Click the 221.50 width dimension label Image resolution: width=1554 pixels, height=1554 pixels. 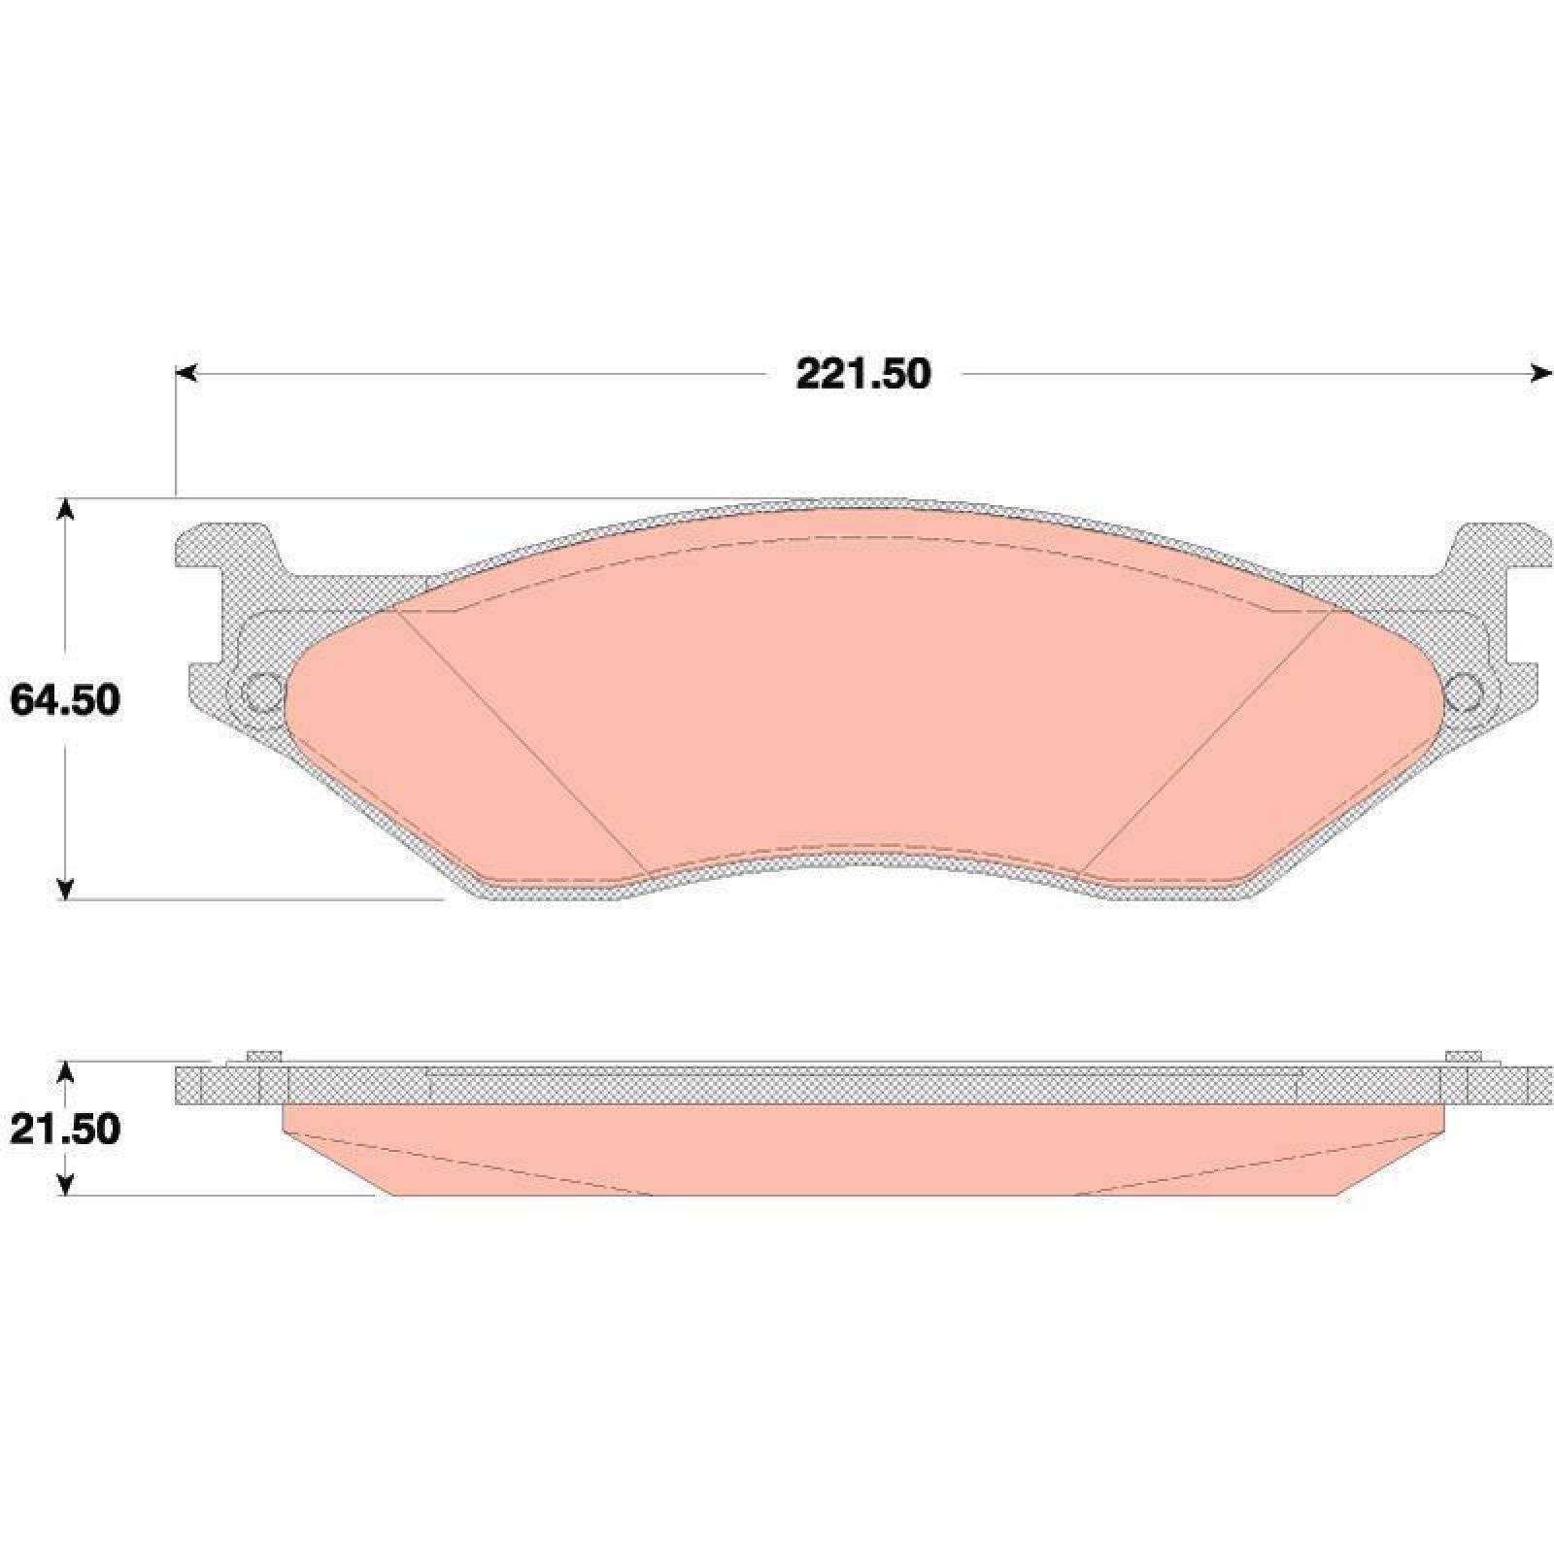[862, 374]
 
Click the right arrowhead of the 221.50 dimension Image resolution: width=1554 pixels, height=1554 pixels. [1541, 373]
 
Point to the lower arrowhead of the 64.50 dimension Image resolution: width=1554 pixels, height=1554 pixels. [65, 888]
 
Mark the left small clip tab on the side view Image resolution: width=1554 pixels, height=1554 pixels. [263, 1057]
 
